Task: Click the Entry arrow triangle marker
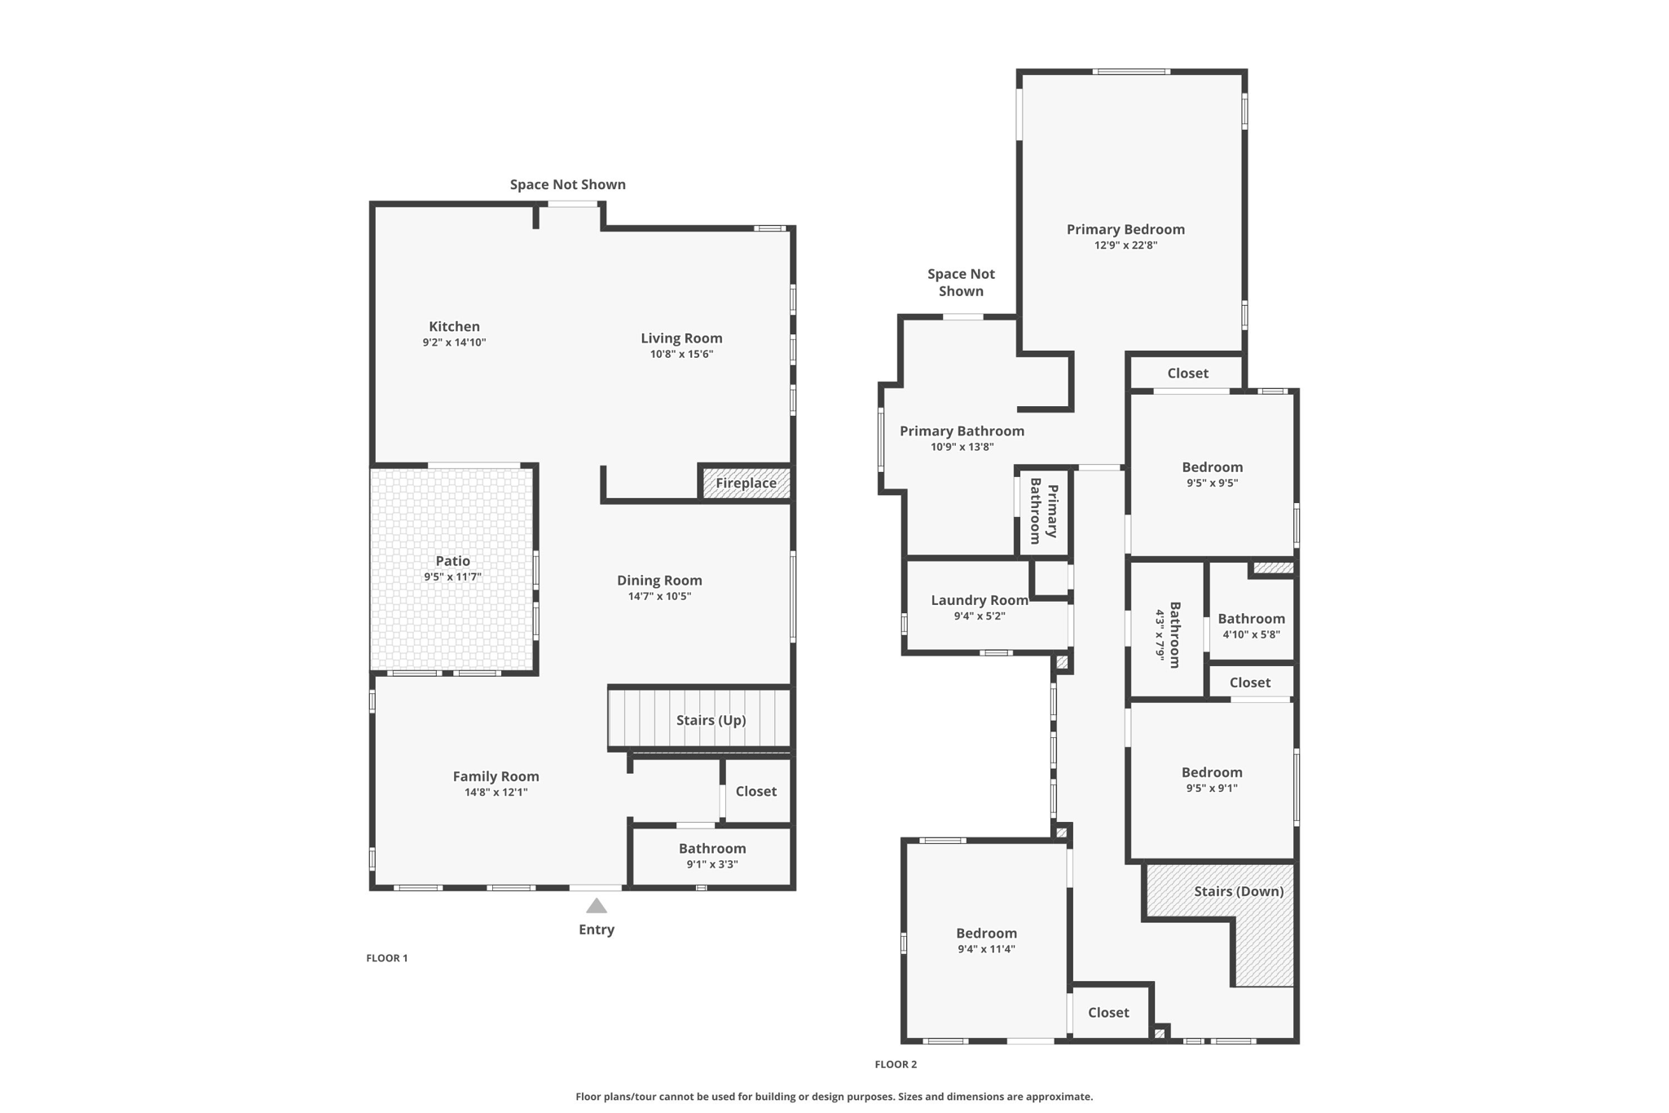[x=597, y=906]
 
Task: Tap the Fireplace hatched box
[x=746, y=483]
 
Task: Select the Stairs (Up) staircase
[x=699, y=719]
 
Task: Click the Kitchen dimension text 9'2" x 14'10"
[x=454, y=342]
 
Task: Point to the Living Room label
[x=681, y=338]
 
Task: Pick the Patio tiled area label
[x=452, y=561]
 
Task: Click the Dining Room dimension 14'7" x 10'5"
[x=659, y=596]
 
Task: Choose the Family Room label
[x=495, y=776]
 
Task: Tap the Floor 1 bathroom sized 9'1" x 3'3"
[x=711, y=855]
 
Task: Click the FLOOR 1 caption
[x=387, y=958]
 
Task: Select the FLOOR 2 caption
[x=896, y=1064]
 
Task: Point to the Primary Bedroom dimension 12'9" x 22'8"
[x=1125, y=245]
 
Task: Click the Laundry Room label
[x=979, y=600]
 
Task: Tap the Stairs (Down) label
[x=1239, y=891]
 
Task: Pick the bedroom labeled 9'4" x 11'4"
[x=986, y=940]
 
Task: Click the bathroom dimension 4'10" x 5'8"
[x=1251, y=634]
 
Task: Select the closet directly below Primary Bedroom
[x=1187, y=373]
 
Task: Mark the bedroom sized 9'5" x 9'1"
[x=1212, y=780]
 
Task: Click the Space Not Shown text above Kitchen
[x=567, y=184]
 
